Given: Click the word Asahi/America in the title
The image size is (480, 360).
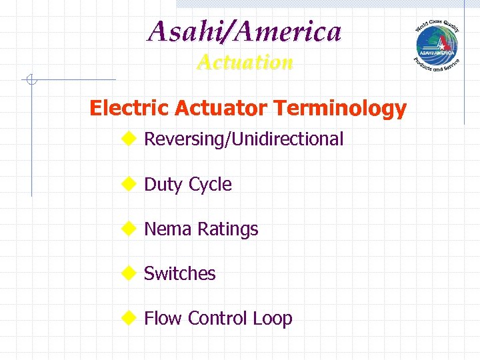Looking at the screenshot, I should point(245,31).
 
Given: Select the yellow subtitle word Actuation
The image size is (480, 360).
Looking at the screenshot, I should point(245,62).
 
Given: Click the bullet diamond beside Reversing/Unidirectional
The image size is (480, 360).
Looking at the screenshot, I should point(128,139).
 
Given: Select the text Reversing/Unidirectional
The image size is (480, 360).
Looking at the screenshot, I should point(244,139).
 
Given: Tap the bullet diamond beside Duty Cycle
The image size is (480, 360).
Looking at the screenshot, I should point(128,183).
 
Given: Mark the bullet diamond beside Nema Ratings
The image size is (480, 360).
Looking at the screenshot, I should point(128,228).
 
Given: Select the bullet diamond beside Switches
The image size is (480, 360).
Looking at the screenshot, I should point(128,273).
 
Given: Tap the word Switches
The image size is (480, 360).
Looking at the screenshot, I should point(180,274).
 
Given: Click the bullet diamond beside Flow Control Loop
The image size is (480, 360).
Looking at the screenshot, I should point(128,317).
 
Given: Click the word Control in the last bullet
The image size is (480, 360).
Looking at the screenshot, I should point(218,319).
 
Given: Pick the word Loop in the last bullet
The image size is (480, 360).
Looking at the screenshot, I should point(273,319).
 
